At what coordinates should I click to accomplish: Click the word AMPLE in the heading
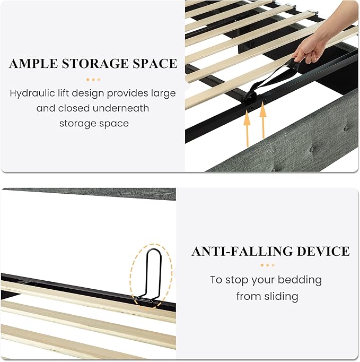[33, 64]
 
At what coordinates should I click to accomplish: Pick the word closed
[74, 108]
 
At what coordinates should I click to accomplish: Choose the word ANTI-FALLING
[242, 251]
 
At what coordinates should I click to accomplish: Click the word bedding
[300, 280]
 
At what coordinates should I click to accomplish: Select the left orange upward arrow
[247, 128]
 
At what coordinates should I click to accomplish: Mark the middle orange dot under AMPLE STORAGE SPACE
[93, 80]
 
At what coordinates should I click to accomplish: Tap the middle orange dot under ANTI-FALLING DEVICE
[268, 265]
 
